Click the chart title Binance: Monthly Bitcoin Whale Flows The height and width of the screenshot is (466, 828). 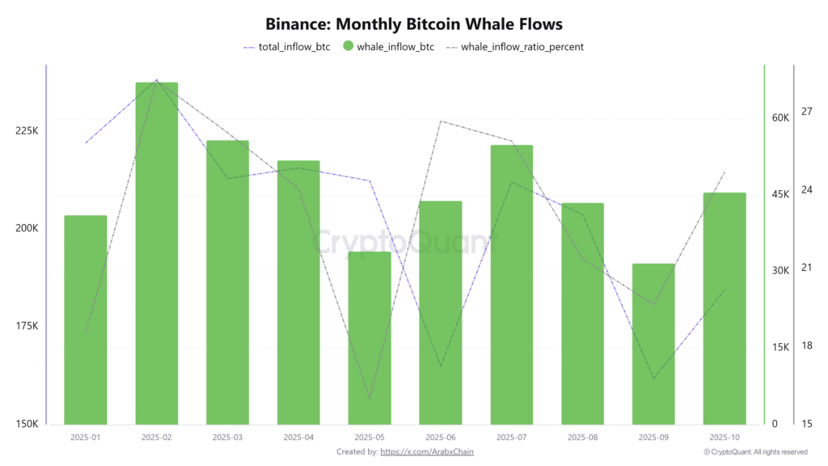[413, 24]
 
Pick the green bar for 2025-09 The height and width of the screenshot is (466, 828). [653, 344]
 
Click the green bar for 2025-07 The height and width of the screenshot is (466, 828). [511, 284]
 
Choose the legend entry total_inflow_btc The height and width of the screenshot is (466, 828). [289, 47]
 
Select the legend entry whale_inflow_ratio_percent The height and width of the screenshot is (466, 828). [522, 47]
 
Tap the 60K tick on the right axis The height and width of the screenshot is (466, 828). [780, 118]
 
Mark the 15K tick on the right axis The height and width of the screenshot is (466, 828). [780, 347]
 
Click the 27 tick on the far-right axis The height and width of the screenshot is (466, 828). [806, 112]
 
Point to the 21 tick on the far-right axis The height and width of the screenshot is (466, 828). [806, 268]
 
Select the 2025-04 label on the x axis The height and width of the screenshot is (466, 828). [298, 438]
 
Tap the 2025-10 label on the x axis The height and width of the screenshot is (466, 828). [724, 438]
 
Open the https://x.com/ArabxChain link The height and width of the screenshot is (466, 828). [426, 451]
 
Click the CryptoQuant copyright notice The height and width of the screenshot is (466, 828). [755, 451]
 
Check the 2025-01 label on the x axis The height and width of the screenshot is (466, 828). [85, 438]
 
